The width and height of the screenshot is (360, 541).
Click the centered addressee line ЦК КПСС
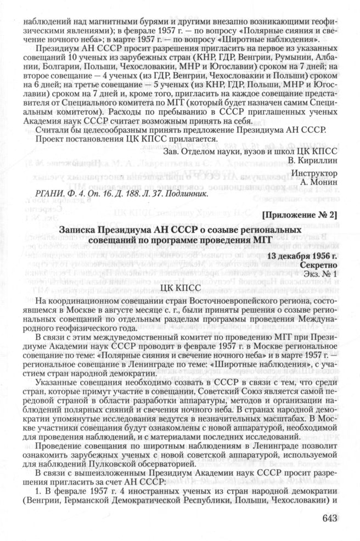179,285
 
